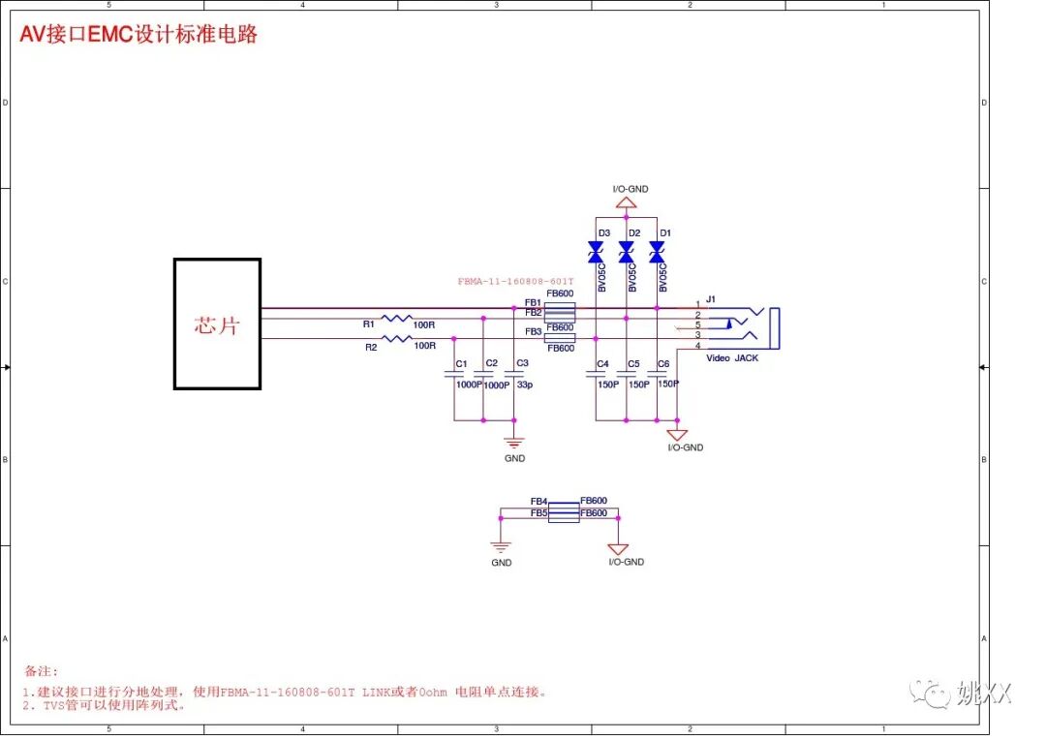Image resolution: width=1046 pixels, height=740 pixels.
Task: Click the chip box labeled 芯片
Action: [x=217, y=324]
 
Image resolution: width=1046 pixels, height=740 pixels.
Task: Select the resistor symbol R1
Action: [x=397, y=318]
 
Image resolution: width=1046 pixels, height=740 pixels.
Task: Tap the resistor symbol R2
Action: [x=397, y=338]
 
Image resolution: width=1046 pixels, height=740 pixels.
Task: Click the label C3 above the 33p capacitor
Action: [x=522, y=363]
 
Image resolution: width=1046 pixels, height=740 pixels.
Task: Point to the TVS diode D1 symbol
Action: [x=657, y=253]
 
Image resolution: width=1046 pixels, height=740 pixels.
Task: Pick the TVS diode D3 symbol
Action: [x=596, y=253]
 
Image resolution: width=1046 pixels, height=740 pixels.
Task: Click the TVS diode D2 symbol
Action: [x=626, y=253]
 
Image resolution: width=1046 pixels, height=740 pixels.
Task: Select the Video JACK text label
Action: [x=732, y=358]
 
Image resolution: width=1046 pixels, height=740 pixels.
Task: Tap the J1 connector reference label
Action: [x=710, y=299]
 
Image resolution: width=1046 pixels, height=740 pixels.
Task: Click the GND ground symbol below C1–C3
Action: [x=514, y=443]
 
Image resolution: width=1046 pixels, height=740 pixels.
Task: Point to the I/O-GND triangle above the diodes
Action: [x=627, y=203]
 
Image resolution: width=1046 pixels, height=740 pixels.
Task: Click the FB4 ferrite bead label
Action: [x=538, y=501]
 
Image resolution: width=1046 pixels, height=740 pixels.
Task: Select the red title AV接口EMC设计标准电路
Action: [x=138, y=35]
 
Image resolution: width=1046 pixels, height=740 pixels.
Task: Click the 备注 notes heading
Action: [x=41, y=670]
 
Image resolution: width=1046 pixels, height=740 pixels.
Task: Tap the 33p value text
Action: [x=524, y=385]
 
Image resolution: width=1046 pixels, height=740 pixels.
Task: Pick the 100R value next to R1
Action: [x=424, y=324]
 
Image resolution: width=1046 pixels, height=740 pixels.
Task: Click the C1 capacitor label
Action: [x=461, y=364]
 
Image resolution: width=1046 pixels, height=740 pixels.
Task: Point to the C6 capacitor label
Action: [x=663, y=364]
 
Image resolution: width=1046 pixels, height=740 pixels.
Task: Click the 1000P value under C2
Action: [x=496, y=385]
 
